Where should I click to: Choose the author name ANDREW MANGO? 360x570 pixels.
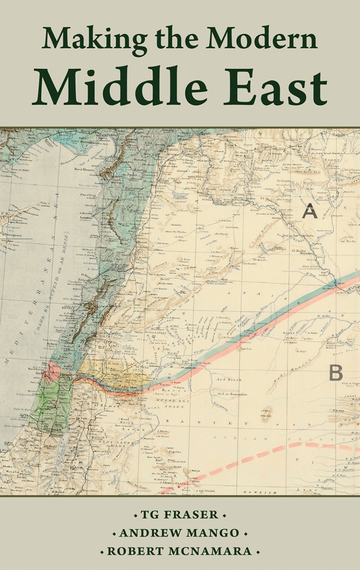coord(180,533)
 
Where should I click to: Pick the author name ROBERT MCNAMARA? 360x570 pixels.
coord(180,551)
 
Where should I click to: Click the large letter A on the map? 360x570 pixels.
coord(310,211)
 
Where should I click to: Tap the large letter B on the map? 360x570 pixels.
coord(336,372)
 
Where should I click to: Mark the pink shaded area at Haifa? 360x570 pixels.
coord(54,371)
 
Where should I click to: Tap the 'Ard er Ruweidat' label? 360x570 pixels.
coord(232,394)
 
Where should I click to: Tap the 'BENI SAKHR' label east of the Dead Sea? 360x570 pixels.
coord(111,443)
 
